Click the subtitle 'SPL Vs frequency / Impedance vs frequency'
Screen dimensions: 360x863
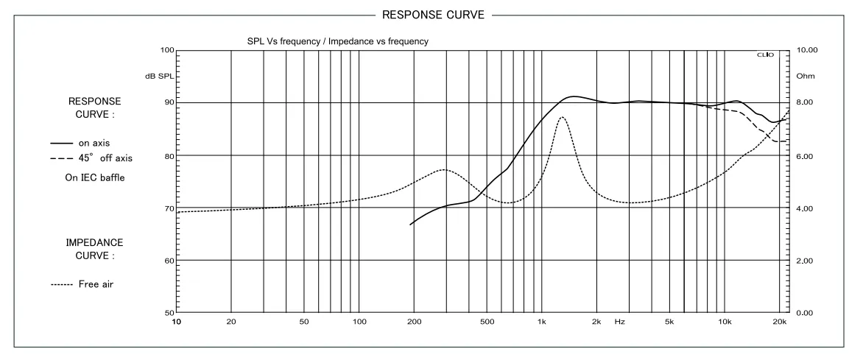tap(337, 41)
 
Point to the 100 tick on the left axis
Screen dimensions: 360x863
tap(166, 50)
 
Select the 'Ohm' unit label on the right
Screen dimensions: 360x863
tap(805, 77)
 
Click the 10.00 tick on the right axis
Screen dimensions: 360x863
tap(807, 50)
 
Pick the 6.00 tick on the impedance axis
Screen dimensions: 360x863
tap(805, 156)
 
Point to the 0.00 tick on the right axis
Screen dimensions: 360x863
tap(805, 313)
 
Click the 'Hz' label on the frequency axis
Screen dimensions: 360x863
tap(619, 322)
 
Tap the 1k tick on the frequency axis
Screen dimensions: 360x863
tap(541, 322)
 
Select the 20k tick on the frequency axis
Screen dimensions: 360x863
tap(779, 322)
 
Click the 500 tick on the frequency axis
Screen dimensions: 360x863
tap(486, 322)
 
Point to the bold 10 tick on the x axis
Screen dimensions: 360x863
tap(177, 322)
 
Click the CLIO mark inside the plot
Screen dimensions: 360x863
tap(766, 55)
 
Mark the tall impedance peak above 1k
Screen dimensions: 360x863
tap(562, 117)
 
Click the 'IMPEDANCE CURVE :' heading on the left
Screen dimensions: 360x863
tap(95, 248)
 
